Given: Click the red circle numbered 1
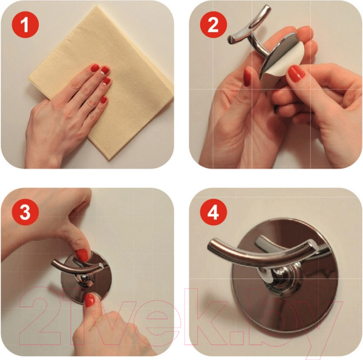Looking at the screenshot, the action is (25, 24).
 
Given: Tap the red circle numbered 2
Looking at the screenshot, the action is (213, 24).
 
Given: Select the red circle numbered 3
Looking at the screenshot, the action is (25, 212).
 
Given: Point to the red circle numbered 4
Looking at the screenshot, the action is (213, 212).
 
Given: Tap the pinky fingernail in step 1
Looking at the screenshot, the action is (103, 100).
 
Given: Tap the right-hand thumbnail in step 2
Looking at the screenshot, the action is (296, 73).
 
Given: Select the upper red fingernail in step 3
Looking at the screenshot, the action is (82, 255).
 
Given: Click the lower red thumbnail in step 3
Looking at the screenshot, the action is (90, 300).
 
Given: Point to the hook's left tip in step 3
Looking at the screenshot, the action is (53, 263).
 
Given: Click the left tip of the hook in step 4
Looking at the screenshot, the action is (211, 246).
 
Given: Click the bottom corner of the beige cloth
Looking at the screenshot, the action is (108, 160).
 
